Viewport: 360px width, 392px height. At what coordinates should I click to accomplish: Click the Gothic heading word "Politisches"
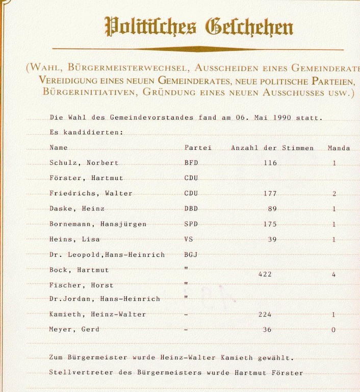tap(150, 27)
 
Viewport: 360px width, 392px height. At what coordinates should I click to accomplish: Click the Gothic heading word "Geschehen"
tap(249, 27)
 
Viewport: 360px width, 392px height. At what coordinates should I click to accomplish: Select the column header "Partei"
tap(198, 148)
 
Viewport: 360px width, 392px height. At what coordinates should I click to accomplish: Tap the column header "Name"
tap(59, 148)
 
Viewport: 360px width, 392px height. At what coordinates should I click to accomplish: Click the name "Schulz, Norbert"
tap(84, 163)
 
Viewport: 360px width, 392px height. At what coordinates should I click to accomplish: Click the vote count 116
tap(270, 163)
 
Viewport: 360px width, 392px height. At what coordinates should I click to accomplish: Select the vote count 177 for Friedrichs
tap(270, 194)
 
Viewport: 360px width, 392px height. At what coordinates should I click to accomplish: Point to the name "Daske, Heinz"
tap(77, 209)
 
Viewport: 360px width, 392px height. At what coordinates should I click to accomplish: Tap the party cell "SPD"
tap(191, 225)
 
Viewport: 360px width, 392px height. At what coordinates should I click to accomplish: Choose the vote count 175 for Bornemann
tap(270, 225)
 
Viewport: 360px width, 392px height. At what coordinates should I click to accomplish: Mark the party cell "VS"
tap(189, 239)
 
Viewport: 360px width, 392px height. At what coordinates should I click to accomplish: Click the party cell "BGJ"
tap(191, 255)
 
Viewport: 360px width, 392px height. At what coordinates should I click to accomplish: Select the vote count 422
tap(265, 275)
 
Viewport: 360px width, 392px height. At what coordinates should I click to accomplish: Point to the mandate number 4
tap(333, 275)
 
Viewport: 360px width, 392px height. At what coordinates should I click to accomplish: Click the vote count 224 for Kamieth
tap(265, 315)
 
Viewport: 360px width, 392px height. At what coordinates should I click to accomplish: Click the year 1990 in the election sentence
tap(282, 118)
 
